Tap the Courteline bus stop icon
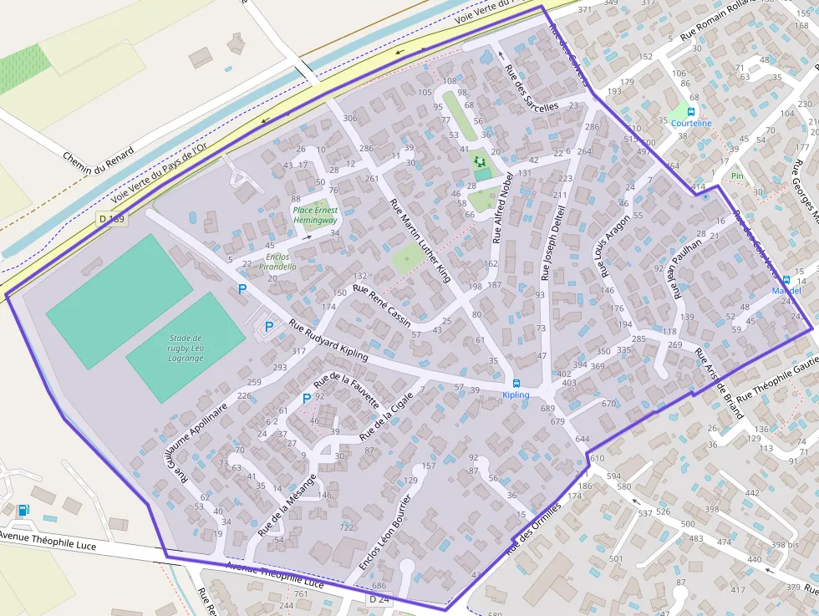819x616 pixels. pos(692,111)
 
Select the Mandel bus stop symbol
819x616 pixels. pos(786,279)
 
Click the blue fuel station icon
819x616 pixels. pos(23,510)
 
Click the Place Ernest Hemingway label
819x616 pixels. pos(314,214)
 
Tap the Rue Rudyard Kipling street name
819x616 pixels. pos(328,341)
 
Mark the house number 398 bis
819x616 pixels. pos(785,544)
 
